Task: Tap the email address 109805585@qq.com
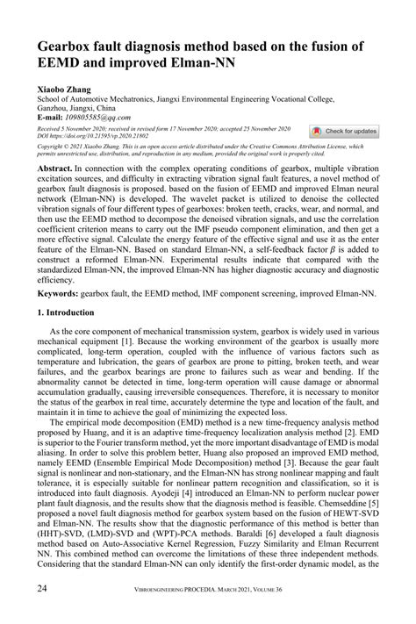pos(106,118)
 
